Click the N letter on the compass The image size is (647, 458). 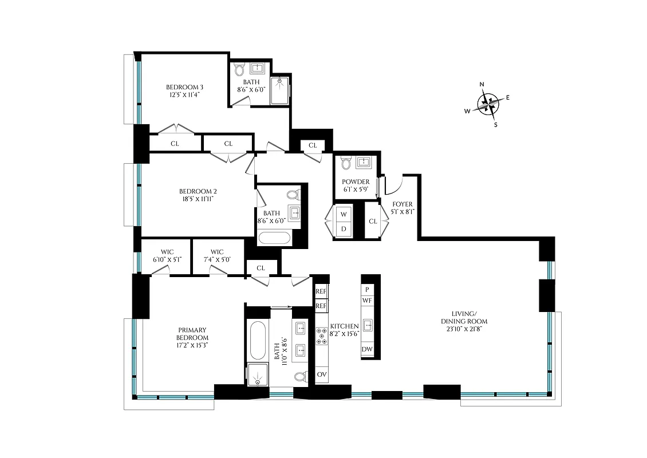tap(482, 85)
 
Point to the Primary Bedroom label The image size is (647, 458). tap(192, 334)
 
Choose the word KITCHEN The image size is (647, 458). tap(344, 326)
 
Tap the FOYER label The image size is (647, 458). tap(402, 204)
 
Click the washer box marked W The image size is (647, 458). tap(344, 214)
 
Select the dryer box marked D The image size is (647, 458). tap(344, 229)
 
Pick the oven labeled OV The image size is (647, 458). tap(321, 376)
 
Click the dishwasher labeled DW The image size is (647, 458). tap(367, 349)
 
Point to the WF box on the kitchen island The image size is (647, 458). tap(367, 300)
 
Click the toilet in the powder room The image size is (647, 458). tap(345, 164)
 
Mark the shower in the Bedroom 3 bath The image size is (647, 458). tap(281, 90)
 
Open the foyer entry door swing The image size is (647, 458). tap(395, 184)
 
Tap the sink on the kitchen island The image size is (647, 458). tap(367, 325)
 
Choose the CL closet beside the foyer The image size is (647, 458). tap(373, 221)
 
